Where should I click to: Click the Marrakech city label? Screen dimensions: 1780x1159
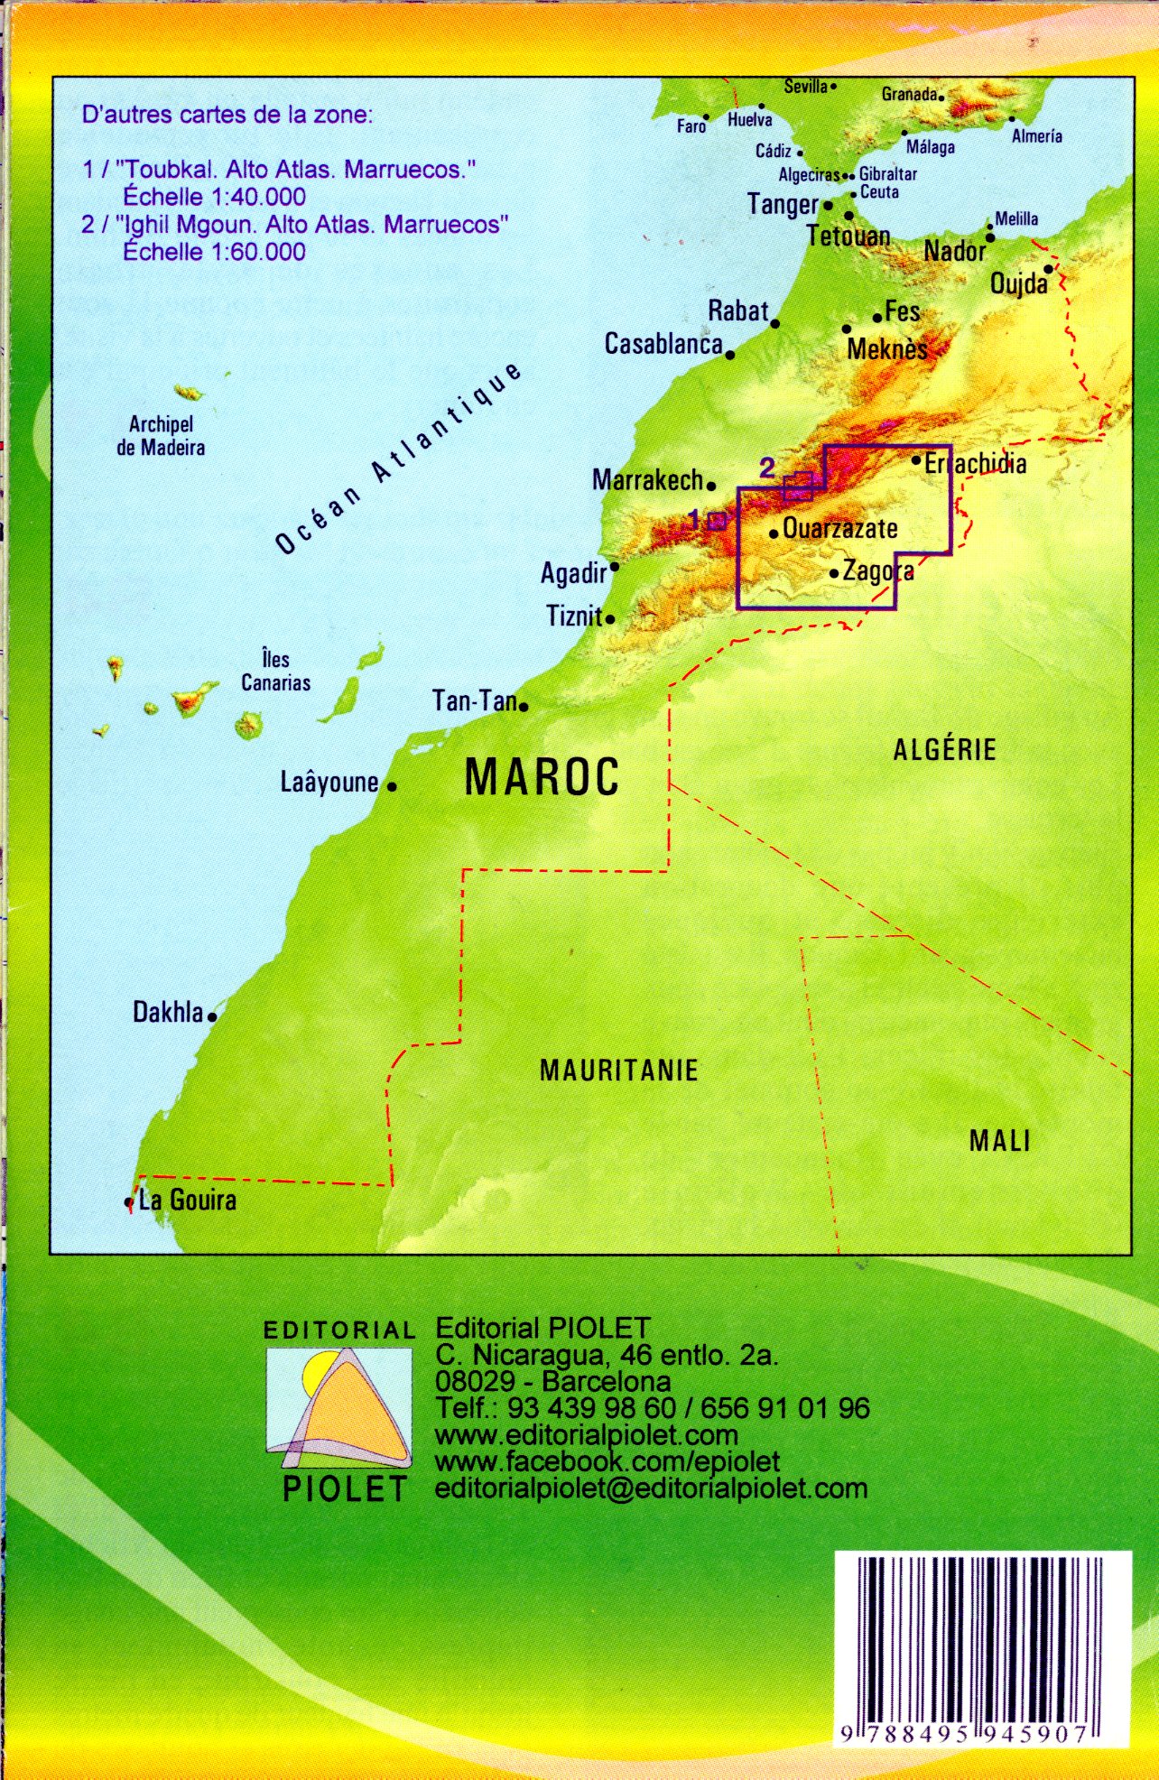(646, 480)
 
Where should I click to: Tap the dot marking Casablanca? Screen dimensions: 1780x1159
(730, 355)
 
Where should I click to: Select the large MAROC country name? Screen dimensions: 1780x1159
(542, 777)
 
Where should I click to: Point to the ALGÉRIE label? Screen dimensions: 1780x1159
(944, 749)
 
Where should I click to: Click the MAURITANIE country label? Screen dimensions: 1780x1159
(618, 1071)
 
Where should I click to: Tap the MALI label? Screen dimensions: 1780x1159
(999, 1141)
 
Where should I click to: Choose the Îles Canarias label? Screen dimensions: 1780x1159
(275, 671)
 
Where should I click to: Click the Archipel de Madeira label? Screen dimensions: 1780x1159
(161, 436)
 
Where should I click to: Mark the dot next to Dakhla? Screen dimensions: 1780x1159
(212, 1017)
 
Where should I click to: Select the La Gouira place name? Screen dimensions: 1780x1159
(188, 1201)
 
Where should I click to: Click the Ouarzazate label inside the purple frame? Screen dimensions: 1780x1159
(839, 528)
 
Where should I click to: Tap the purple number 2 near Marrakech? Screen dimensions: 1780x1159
(767, 468)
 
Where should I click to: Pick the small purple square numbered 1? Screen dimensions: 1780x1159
(717, 521)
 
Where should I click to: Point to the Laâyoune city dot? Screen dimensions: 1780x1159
(392, 786)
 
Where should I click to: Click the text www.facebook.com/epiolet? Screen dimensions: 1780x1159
(607, 1460)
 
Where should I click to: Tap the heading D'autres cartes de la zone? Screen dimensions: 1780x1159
(227, 115)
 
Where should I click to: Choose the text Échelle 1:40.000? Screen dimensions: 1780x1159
(214, 197)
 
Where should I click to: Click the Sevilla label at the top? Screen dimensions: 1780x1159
(805, 87)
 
